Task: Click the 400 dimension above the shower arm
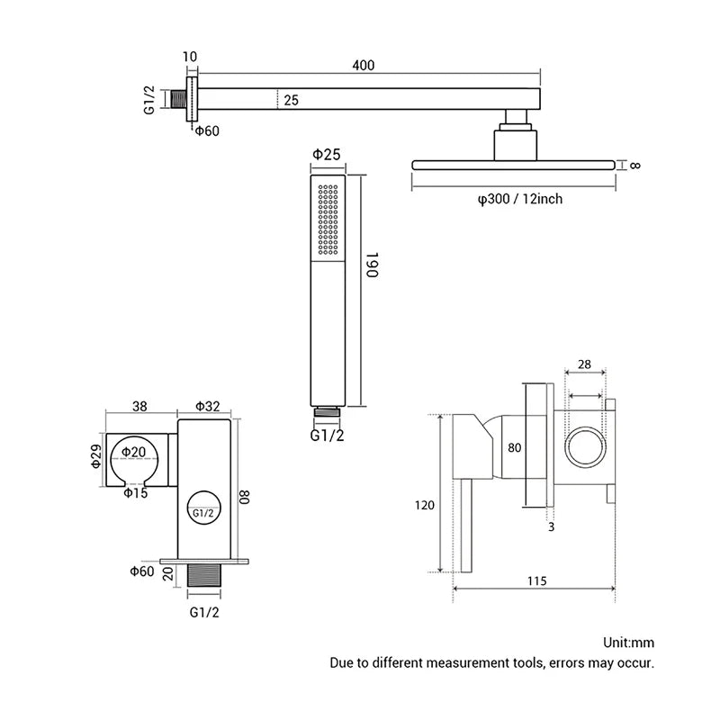(x=363, y=65)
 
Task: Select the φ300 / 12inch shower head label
(x=519, y=198)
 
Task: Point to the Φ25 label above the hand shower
(x=327, y=155)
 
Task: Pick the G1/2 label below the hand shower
(x=328, y=436)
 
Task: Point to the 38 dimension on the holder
(x=139, y=406)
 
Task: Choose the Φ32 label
(x=206, y=406)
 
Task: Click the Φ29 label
(x=97, y=456)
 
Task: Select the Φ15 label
(x=135, y=492)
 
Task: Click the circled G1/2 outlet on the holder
(x=203, y=511)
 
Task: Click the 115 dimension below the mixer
(x=536, y=581)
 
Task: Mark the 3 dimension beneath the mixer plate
(x=551, y=526)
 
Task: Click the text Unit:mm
(x=630, y=643)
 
